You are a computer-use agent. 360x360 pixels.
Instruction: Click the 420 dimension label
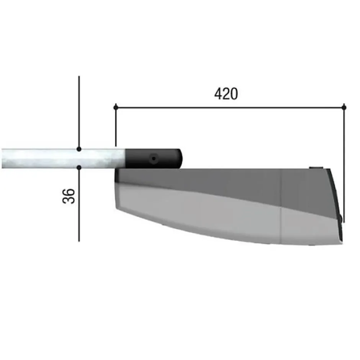pos(226,94)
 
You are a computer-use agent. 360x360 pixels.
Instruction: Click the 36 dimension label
pos(69,196)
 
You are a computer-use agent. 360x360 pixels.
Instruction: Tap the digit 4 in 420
pos(218,94)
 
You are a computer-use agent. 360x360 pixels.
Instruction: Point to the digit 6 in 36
pos(69,192)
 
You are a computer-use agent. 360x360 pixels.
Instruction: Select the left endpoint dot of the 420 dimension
pos(116,107)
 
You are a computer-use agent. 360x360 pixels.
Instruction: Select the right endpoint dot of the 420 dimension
pos(344,107)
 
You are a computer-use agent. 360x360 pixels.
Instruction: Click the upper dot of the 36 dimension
pos(79,149)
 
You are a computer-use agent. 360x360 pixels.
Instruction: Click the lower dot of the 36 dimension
pos(79,167)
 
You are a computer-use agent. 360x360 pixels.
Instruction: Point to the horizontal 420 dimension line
pos(230,107)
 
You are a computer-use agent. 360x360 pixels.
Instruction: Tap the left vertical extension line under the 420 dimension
pos(116,127)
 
